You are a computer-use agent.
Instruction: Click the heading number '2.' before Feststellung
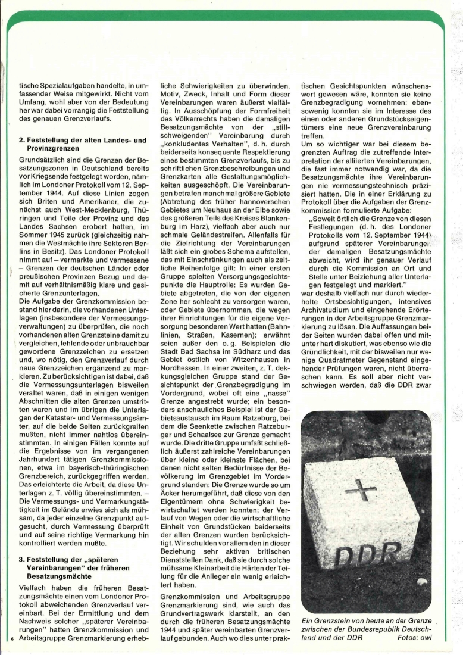pos(23,141)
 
